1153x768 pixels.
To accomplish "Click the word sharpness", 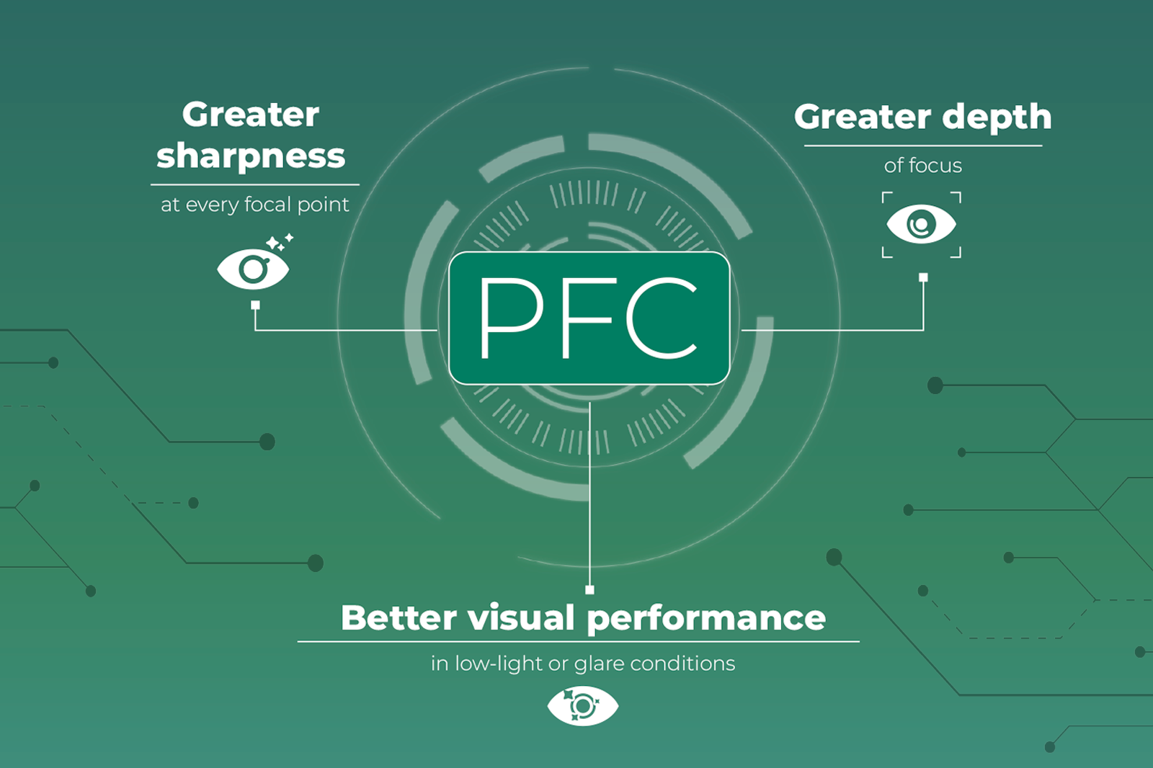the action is [x=251, y=156].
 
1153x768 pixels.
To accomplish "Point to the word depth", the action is [x=997, y=118].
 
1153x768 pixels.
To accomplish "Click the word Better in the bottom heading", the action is [x=399, y=617].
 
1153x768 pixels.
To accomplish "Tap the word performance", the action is [x=706, y=620].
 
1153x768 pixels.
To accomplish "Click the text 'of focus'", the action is [x=923, y=166].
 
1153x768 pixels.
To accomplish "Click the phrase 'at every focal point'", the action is [x=255, y=205].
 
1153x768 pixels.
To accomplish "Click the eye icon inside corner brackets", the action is [x=922, y=225].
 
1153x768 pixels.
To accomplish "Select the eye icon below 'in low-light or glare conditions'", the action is [x=583, y=706].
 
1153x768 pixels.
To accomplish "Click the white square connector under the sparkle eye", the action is [x=255, y=305].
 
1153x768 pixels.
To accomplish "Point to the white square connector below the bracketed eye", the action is [x=923, y=277].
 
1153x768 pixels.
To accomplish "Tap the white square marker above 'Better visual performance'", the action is [x=590, y=590].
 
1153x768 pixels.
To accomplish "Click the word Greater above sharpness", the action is [x=251, y=115].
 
